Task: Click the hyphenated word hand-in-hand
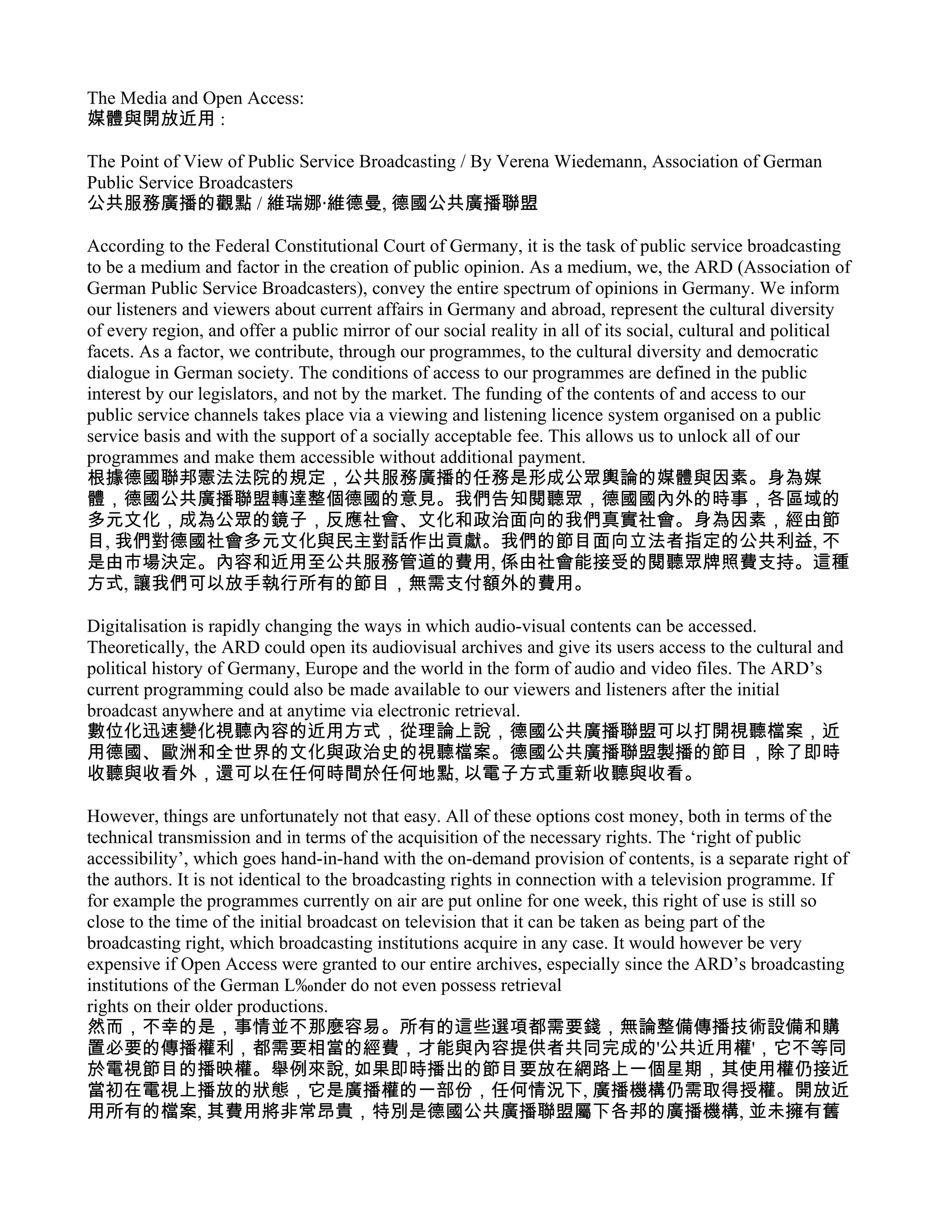(329, 858)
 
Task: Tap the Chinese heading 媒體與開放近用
(151, 119)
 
